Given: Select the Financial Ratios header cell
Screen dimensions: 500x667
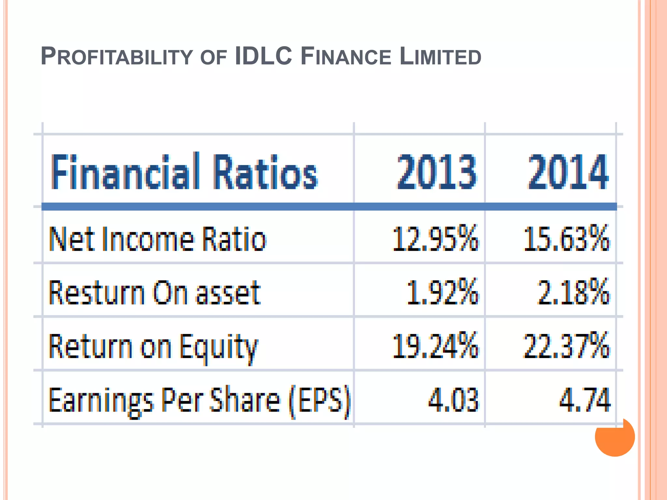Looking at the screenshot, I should pyautogui.click(x=184, y=172).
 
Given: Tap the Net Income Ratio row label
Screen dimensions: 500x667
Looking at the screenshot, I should pyautogui.click(x=158, y=239).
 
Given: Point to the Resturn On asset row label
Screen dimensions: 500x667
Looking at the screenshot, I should pyautogui.click(x=155, y=293).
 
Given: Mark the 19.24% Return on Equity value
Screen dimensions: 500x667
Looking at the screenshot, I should pyautogui.click(x=436, y=346).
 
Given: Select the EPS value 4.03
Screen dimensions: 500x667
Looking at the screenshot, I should pyautogui.click(x=453, y=399).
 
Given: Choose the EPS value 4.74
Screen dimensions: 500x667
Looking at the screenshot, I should pyautogui.click(x=585, y=399).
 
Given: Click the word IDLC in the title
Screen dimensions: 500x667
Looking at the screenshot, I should pyautogui.click(x=263, y=56).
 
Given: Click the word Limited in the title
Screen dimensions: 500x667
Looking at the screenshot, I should pyautogui.click(x=440, y=56).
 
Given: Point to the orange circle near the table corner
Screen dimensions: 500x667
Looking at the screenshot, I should pyautogui.click(x=615, y=437).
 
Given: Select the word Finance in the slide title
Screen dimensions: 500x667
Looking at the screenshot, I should pyautogui.click(x=346, y=56).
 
